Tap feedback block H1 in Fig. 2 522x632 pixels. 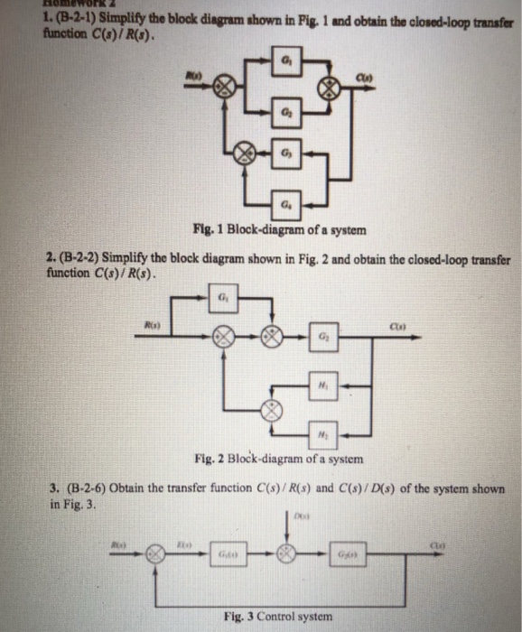pyautogui.click(x=322, y=382)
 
